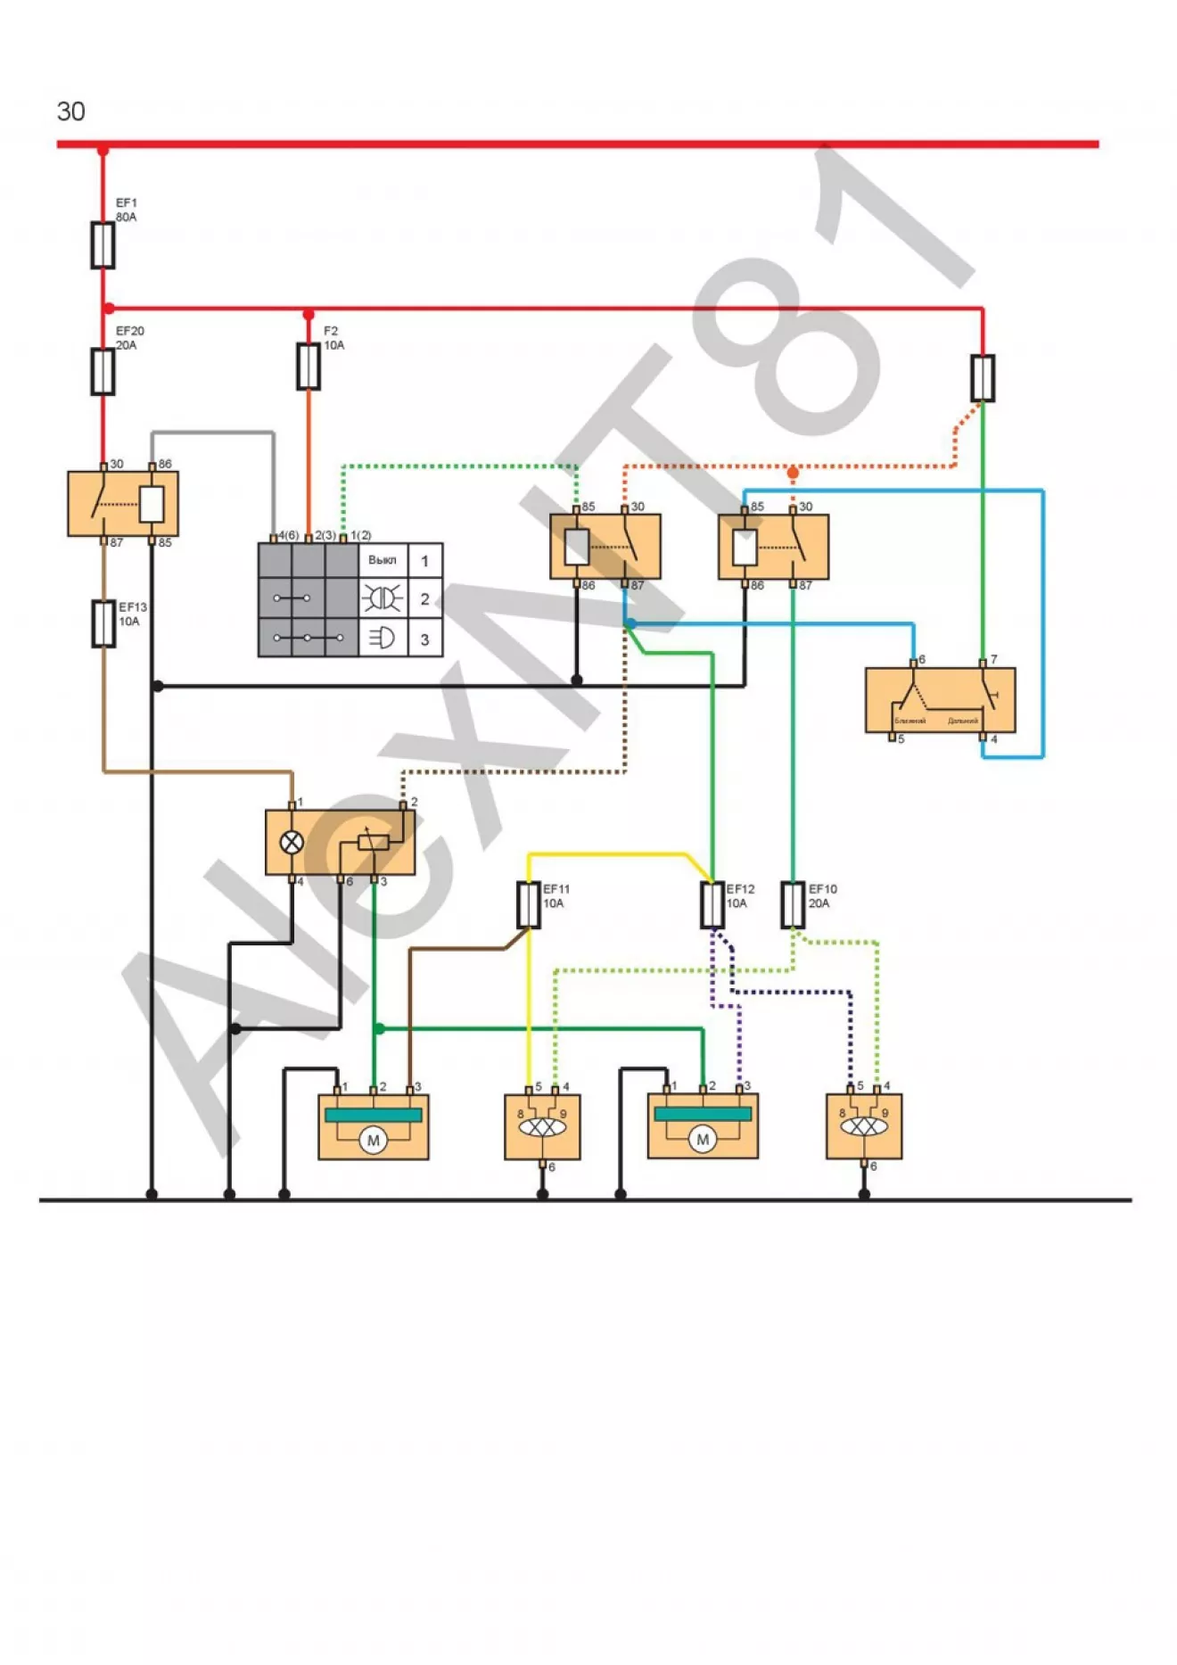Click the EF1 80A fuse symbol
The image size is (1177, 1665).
[103, 244]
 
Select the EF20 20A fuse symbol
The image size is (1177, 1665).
[103, 371]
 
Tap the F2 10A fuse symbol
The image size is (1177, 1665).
[309, 367]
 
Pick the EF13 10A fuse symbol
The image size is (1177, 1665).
[104, 623]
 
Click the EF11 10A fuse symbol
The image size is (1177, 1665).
[529, 904]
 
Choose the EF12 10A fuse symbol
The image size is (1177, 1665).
[712, 904]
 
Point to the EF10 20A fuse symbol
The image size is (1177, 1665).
[793, 904]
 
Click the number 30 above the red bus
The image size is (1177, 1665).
[71, 111]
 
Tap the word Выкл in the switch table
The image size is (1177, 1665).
[383, 560]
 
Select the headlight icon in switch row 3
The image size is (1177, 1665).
[383, 638]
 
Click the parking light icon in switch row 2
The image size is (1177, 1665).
[383, 598]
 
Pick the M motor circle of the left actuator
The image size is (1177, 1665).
[374, 1140]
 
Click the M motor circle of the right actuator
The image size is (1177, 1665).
[703, 1139]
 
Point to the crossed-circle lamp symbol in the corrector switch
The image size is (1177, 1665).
[292, 842]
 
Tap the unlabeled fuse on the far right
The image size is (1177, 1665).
[983, 378]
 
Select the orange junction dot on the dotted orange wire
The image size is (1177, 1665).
[793, 472]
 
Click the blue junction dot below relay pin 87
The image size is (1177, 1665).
[630, 623]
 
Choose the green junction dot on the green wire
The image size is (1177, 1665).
[379, 1028]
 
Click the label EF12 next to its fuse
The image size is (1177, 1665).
[740, 889]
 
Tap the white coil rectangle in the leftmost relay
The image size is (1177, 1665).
[152, 505]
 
